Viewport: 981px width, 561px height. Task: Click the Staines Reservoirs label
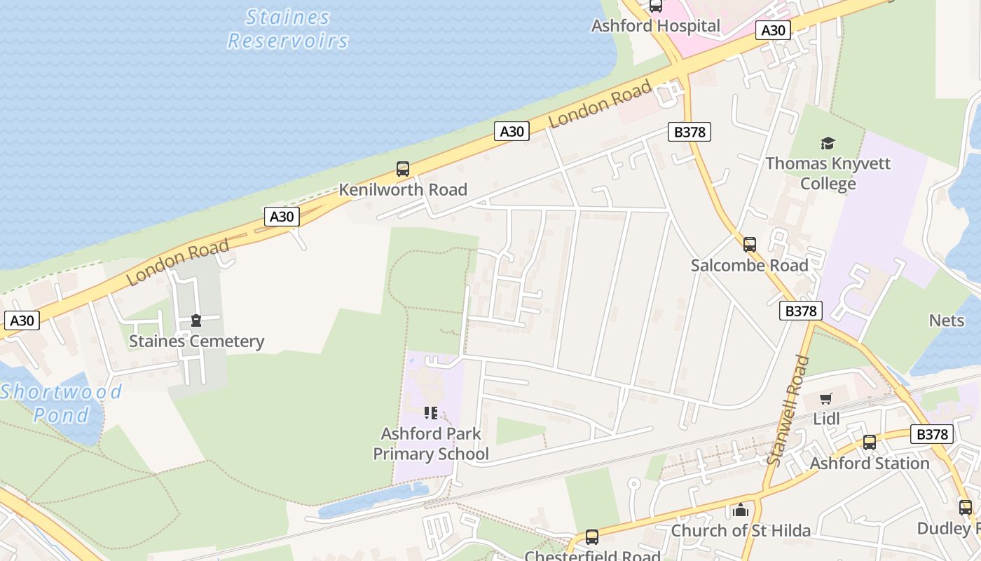(x=288, y=29)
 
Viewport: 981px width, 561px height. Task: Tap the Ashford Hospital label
(x=655, y=26)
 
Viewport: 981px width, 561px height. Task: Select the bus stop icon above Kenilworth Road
(x=402, y=168)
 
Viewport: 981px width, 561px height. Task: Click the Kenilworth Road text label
(x=402, y=189)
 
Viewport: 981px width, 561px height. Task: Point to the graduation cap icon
(x=828, y=144)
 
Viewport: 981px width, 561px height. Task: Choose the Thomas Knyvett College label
(x=828, y=173)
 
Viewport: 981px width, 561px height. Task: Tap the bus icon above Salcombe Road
(x=750, y=245)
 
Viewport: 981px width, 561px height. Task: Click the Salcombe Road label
(x=749, y=265)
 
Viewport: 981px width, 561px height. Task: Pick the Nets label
(x=946, y=320)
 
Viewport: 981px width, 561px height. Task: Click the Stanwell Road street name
(x=788, y=411)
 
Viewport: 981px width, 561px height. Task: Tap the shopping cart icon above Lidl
(x=826, y=399)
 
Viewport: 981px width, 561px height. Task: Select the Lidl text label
(x=826, y=419)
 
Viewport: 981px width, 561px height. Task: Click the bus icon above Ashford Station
(x=869, y=442)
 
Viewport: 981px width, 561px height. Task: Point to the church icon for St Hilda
(x=741, y=511)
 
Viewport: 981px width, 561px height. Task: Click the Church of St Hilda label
(x=741, y=530)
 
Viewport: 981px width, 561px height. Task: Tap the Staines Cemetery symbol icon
(x=195, y=320)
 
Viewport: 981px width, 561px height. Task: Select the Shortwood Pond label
(x=61, y=403)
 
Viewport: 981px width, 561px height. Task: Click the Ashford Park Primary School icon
(x=430, y=413)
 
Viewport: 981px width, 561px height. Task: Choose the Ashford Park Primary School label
(x=430, y=443)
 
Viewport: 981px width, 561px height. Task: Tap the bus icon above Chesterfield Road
(x=592, y=537)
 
